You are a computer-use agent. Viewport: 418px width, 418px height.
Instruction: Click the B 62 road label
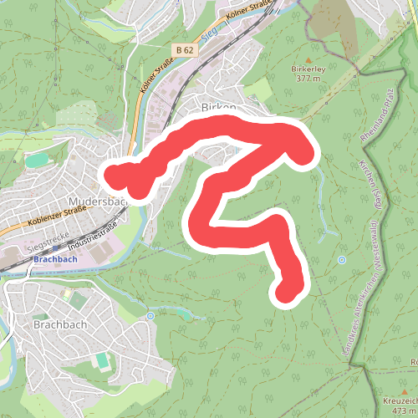pyautogui.click(x=185, y=50)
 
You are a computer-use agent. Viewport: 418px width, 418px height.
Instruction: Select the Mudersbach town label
pyautogui.click(x=96, y=201)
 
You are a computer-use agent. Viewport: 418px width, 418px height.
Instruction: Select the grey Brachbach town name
pyautogui.click(x=56, y=323)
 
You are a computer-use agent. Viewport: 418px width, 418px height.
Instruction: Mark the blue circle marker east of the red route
pyautogui.click(x=341, y=260)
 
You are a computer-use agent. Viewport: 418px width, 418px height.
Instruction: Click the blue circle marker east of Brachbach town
pyautogui.click(x=150, y=316)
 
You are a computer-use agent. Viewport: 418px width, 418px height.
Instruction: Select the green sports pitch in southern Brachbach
pyautogui.click(x=102, y=362)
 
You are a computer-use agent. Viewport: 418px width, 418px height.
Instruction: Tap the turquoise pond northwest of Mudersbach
pyautogui.click(x=38, y=160)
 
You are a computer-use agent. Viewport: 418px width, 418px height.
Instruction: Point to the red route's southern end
pyautogui.click(x=288, y=292)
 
